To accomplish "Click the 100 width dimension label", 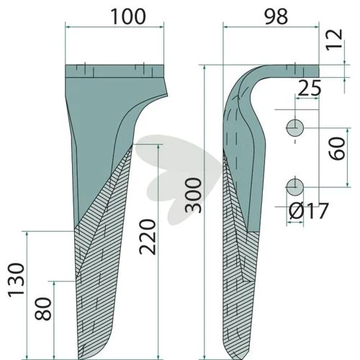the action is pos(128,17).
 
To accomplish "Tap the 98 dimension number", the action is pos(276,17).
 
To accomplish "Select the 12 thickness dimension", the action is pos(334,40).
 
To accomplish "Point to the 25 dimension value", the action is pos(309,88).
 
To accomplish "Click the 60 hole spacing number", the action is pos(337,148).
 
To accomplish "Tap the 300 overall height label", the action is pos(194,195).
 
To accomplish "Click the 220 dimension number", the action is pos(148,237).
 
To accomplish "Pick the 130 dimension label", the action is pos(17,280).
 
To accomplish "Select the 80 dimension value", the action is pos(43,309).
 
